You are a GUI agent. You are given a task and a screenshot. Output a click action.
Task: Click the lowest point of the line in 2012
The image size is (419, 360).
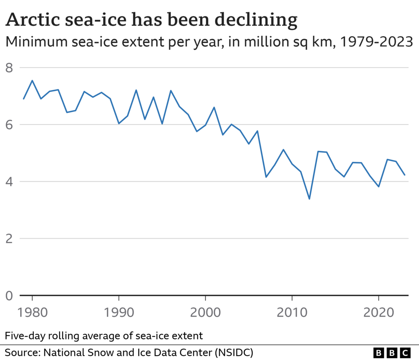[x=309, y=199]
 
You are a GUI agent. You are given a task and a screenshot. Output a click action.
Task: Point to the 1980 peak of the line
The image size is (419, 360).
[x=32, y=80]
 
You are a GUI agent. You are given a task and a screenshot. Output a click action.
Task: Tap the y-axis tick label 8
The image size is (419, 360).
[x=9, y=67]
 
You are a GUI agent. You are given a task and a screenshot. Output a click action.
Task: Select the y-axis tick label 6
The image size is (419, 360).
[x=9, y=125]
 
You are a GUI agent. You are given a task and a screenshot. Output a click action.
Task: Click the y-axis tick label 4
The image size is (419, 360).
[x=9, y=181]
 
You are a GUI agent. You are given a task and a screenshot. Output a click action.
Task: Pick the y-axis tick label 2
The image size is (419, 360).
[x=9, y=238]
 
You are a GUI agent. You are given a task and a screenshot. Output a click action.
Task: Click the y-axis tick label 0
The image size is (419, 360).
[x=9, y=296]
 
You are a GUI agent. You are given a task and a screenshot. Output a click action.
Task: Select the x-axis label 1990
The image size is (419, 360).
[x=119, y=313]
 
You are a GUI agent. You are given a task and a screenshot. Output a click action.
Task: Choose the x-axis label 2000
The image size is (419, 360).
[x=205, y=313]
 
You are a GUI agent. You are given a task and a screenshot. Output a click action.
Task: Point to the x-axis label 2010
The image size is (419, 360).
[x=292, y=313]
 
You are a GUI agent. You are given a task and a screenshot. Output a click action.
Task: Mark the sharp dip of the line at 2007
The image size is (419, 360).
[x=266, y=177]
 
